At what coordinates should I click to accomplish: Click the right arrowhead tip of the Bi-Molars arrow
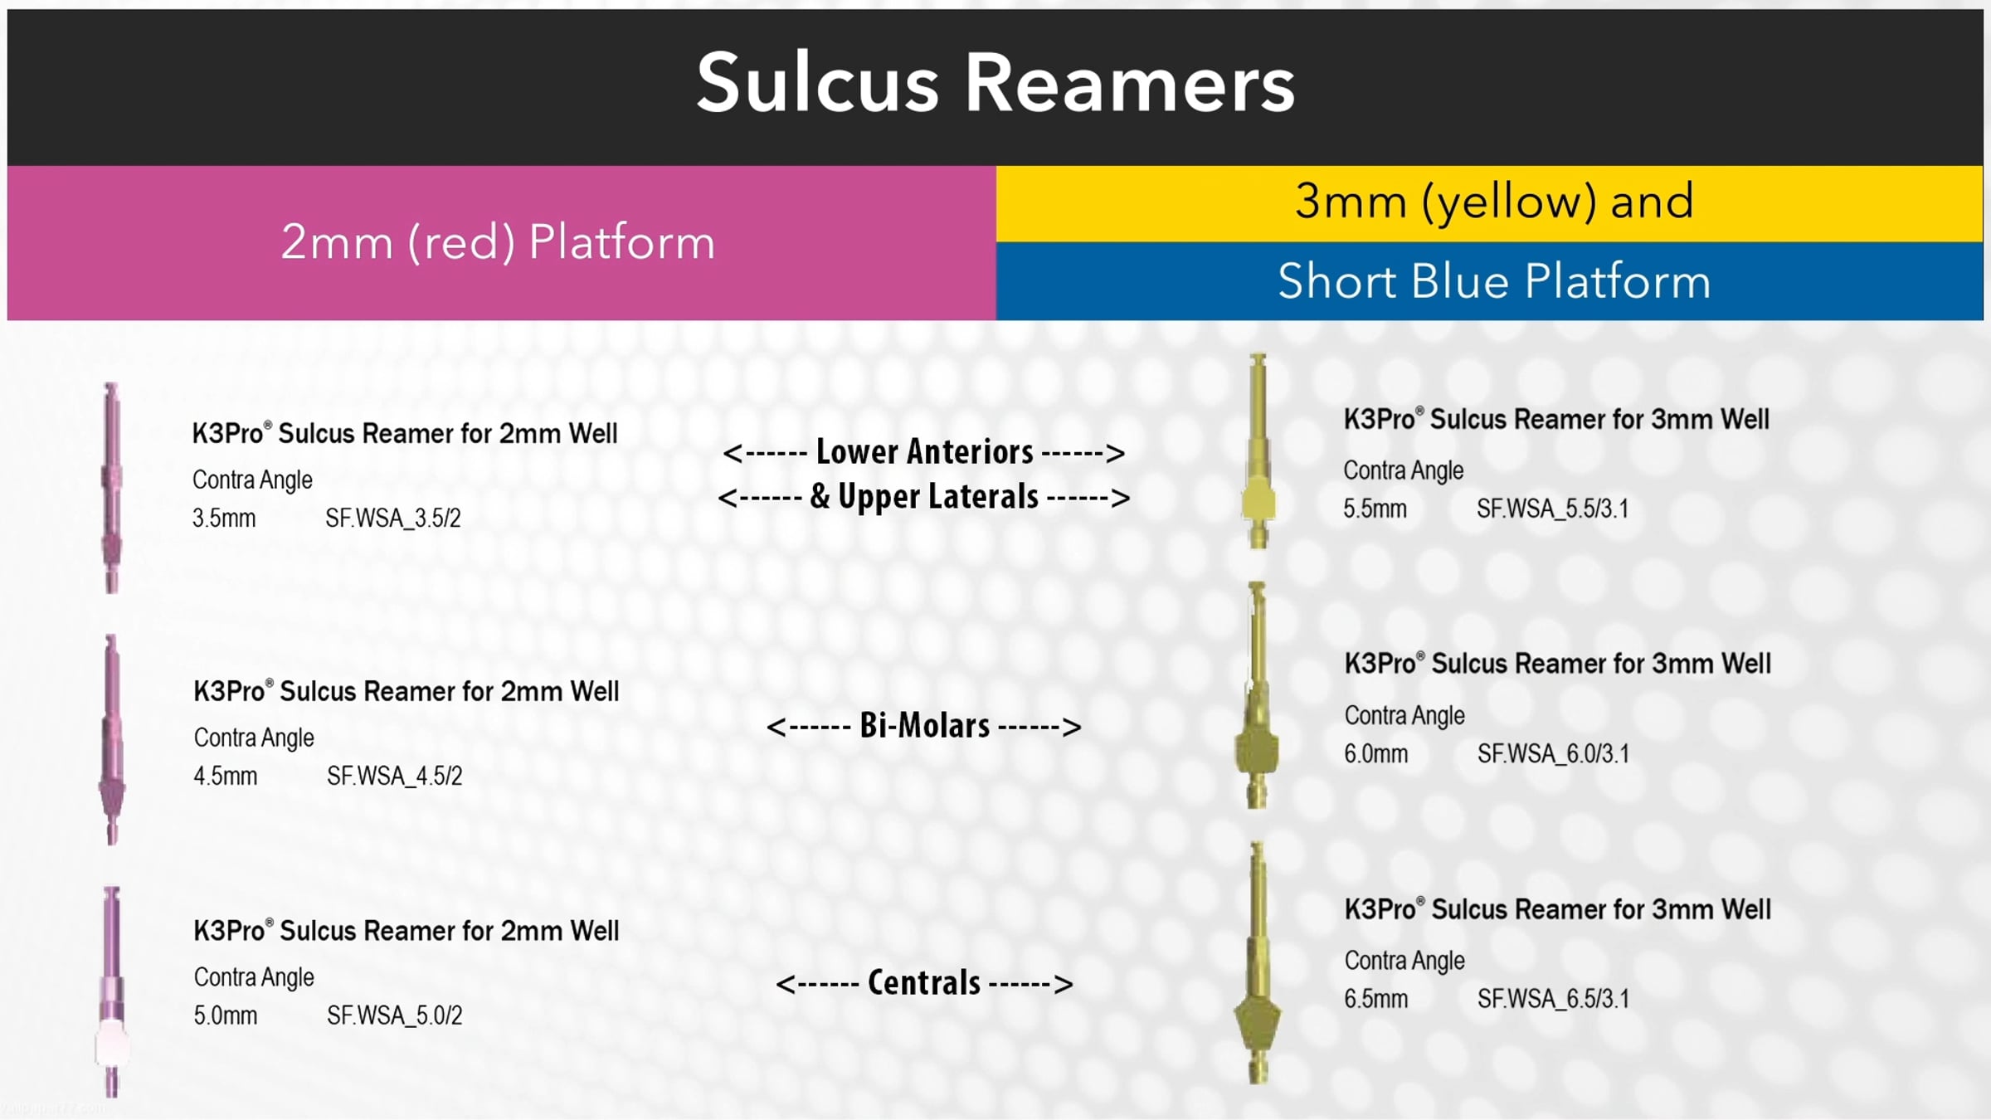coord(1081,728)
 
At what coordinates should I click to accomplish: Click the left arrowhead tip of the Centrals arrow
coord(776,985)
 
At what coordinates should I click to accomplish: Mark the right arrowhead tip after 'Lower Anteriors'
coord(1125,453)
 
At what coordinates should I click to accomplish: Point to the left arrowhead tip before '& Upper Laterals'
coord(719,498)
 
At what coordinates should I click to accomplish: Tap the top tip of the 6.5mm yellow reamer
coord(1257,844)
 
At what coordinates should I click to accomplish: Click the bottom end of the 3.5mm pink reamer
coord(112,592)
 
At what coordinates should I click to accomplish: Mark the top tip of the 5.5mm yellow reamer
coord(1258,355)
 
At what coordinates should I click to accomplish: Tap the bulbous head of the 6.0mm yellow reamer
coord(1258,752)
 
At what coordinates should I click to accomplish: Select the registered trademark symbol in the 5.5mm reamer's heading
coord(1419,411)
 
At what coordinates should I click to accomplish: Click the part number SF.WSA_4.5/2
coord(395,777)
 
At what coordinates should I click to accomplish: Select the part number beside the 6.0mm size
coord(1554,754)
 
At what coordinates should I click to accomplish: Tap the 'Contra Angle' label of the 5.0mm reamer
coord(254,977)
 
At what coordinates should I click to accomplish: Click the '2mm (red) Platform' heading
coord(498,242)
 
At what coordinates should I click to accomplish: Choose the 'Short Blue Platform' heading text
coord(1494,281)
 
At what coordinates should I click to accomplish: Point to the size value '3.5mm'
coord(224,519)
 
